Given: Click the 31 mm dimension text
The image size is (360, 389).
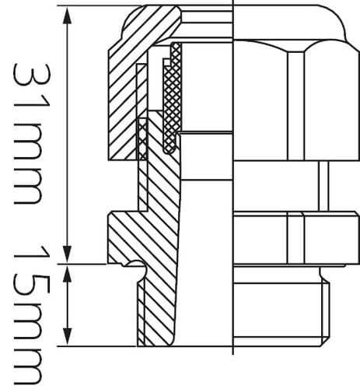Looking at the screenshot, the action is coord(31,134).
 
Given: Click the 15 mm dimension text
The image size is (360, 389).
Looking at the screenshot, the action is coord(31,316).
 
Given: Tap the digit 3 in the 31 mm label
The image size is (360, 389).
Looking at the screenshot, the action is coord(31,75).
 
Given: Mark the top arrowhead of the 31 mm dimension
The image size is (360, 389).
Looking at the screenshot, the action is coord(67,14).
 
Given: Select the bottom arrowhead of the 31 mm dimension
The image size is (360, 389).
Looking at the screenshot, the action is coord(67,254).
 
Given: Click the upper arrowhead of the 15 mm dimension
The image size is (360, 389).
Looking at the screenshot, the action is coord(67,273).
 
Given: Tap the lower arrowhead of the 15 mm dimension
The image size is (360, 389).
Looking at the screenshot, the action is coord(67,337).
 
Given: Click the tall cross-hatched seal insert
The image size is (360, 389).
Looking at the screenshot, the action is coord(172,99).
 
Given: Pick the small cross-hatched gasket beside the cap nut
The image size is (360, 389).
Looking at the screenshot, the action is coord(142,139).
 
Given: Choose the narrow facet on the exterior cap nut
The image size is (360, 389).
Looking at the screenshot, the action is coord(295,106).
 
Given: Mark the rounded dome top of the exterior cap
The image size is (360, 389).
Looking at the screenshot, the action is coord(290,23).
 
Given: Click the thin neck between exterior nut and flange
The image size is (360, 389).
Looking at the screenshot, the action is coord(323,186).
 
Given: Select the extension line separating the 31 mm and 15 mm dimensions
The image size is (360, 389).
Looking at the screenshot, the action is coord(82,264).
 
